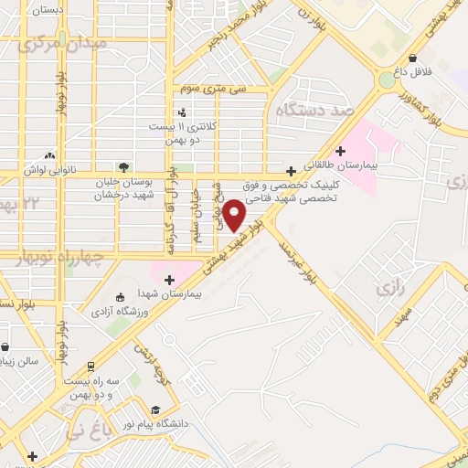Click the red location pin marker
pos(234,216)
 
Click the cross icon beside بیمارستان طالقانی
pos(341,151)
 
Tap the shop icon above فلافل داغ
pos(413,57)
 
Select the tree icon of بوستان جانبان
pos(123,165)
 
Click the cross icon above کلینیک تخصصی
pos(291,171)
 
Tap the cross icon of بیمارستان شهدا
pos(169,279)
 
